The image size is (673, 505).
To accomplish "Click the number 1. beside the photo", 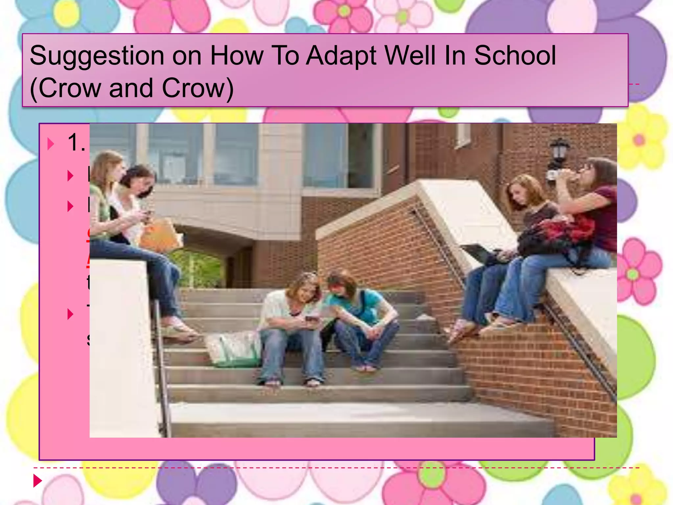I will click(x=76, y=143).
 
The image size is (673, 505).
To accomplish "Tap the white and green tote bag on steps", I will click(x=233, y=349).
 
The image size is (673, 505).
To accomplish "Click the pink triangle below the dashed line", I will click(x=38, y=481).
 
